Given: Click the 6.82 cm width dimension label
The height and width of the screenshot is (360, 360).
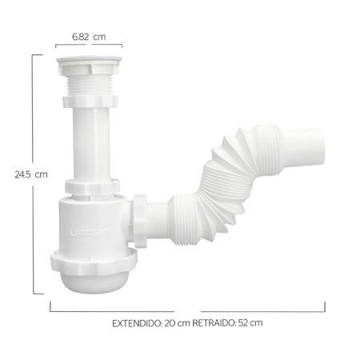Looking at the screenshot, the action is pyautogui.click(x=89, y=37).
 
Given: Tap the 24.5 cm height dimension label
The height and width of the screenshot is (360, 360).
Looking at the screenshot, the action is pyautogui.click(x=31, y=174).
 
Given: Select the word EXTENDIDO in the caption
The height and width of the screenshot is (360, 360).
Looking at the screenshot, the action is pyautogui.click(x=137, y=323).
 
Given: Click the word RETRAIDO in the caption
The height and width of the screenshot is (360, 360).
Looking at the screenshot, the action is pyautogui.click(x=214, y=323).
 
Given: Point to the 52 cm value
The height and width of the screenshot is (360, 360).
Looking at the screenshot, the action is pyautogui.click(x=250, y=323).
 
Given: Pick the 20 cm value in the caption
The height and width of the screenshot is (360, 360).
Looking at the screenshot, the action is pyautogui.click(x=177, y=323).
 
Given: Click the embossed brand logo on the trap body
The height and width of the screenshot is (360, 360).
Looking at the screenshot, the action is pyautogui.click(x=90, y=233).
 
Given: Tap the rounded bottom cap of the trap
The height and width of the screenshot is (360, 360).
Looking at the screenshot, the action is pyautogui.click(x=94, y=282).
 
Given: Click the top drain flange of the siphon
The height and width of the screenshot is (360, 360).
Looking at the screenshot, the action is pyautogui.click(x=89, y=65).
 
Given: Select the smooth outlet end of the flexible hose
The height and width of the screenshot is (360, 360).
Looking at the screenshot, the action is pyautogui.click(x=304, y=148).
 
